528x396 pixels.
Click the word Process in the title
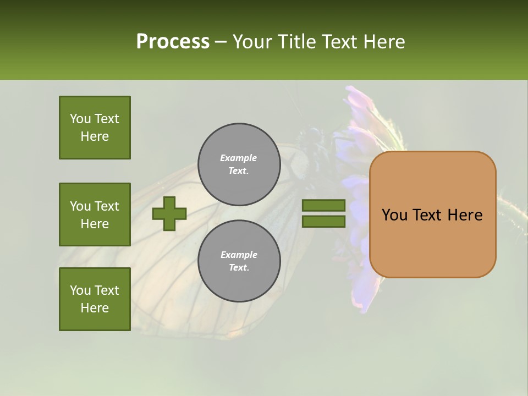pyautogui.click(x=173, y=42)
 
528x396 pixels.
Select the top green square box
pyautogui.click(x=95, y=128)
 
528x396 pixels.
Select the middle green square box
pyautogui.click(x=95, y=215)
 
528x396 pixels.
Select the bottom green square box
pyautogui.click(x=95, y=299)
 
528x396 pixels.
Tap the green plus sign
pyautogui.click(x=169, y=213)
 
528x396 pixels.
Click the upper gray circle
pyautogui.click(x=239, y=164)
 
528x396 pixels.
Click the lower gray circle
pyautogui.click(x=239, y=261)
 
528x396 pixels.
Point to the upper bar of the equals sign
pyautogui.click(x=323, y=206)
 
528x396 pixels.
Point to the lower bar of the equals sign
pyautogui.click(x=323, y=222)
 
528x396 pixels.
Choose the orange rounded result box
pyautogui.click(x=432, y=242)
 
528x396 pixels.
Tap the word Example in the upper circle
pyautogui.click(x=239, y=158)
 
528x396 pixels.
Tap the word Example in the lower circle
pyautogui.click(x=239, y=255)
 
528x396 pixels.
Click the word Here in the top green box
pyautogui.click(x=95, y=136)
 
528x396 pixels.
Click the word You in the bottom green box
pyautogui.click(x=80, y=290)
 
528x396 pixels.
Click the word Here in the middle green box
pyautogui.click(x=95, y=224)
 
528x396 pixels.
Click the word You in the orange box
pyautogui.click(x=394, y=215)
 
